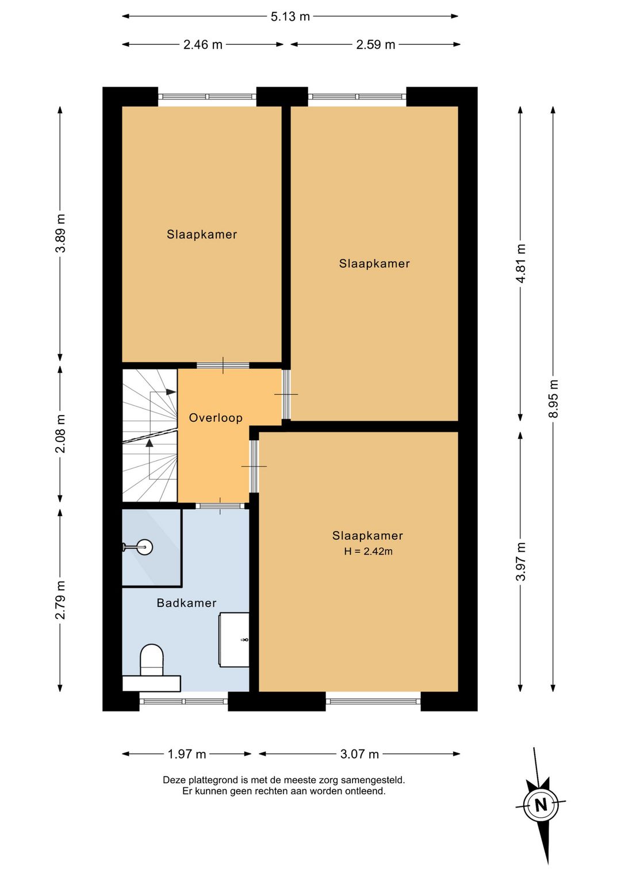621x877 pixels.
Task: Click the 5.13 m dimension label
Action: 290,17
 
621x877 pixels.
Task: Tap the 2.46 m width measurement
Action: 202,45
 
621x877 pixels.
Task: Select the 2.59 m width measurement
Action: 375,45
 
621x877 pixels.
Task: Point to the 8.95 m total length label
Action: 553,399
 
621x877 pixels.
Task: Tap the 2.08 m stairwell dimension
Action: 60,433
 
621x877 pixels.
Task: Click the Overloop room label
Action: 216,418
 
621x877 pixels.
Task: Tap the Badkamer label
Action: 186,602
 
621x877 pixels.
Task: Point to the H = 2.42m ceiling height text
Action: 368,552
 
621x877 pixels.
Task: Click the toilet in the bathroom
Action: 152,660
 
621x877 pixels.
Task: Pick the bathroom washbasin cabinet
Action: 234,639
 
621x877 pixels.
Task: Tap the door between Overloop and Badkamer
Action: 220,505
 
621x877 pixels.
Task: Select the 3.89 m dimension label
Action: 60,233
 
